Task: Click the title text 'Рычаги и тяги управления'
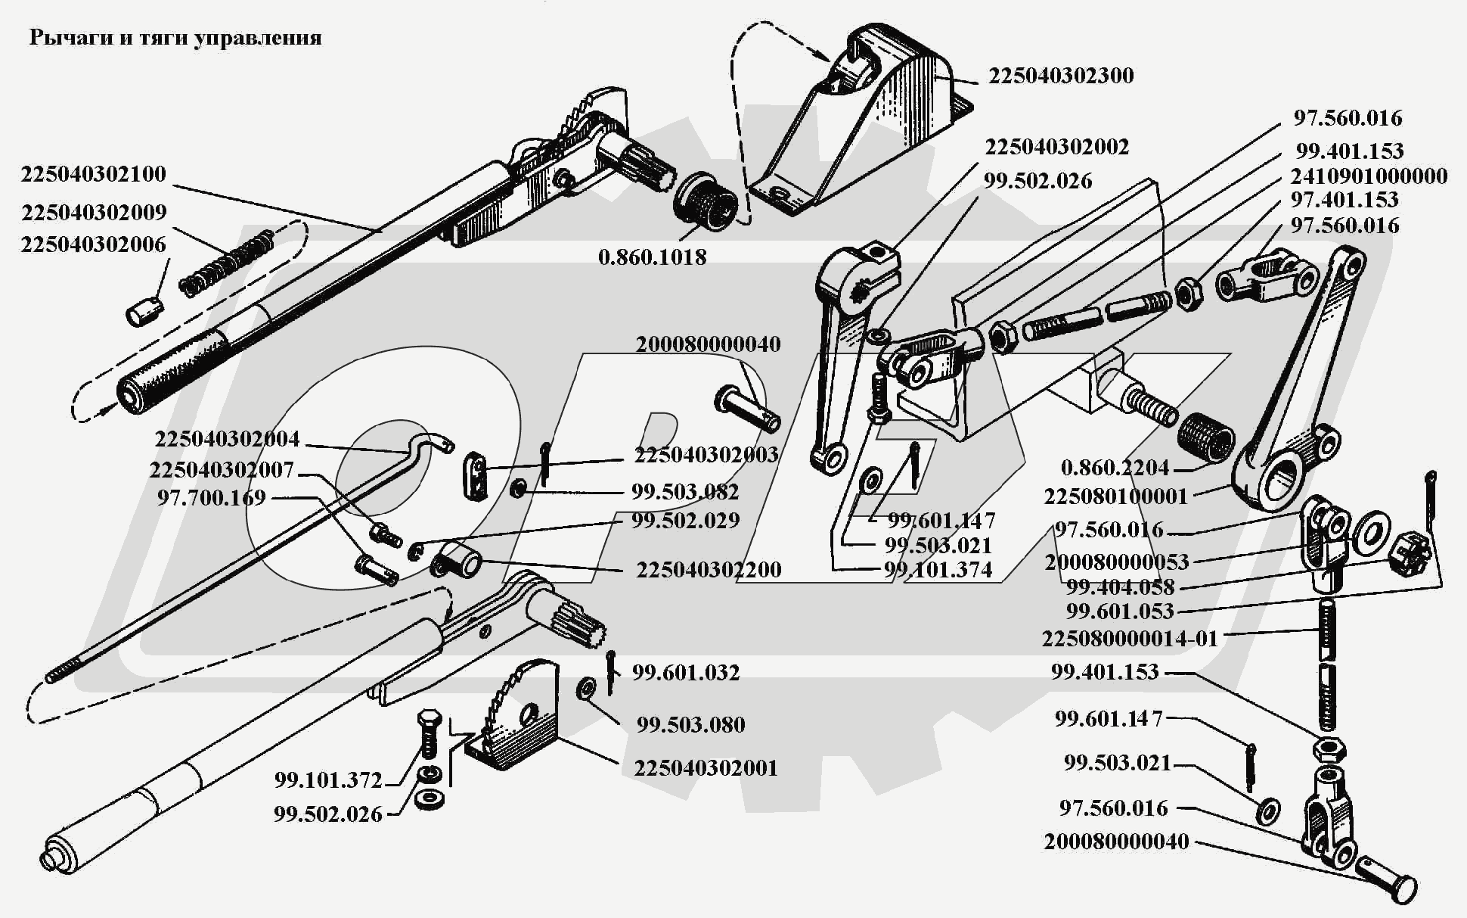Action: [x=175, y=38]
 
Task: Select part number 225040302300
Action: [x=1061, y=76]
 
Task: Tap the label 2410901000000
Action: [x=1368, y=176]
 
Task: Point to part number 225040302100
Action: [x=93, y=174]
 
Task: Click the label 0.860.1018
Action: [x=652, y=257]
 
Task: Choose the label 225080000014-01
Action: [x=1130, y=639]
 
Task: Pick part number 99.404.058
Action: [x=1120, y=587]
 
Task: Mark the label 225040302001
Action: [x=706, y=768]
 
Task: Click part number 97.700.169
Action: [x=212, y=498]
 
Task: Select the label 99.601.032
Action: [x=685, y=673]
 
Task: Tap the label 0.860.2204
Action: [x=1115, y=468]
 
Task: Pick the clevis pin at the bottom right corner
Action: [x=1385, y=877]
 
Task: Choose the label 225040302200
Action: [x=709, y=570]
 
